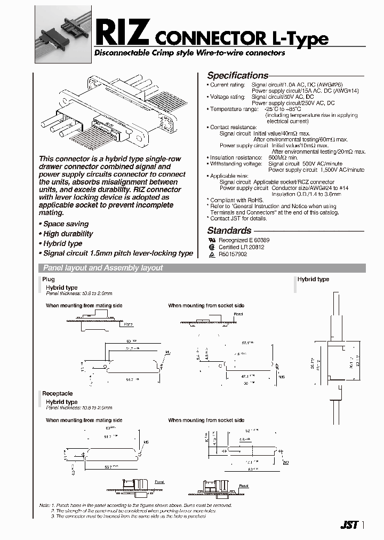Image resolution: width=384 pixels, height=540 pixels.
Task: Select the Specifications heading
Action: pos(237,76)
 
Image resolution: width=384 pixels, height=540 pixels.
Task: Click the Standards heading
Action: pos(229,231)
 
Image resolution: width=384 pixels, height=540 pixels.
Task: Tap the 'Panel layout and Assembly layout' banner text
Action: pos(103,268)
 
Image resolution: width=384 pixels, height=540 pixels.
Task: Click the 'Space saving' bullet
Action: pos(65,224)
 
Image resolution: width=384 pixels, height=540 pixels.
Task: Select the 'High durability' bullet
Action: pos(67,234)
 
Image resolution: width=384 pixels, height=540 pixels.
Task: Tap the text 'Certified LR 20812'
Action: pos(241,248)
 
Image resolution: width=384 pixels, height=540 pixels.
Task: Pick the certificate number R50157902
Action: pos(233,255)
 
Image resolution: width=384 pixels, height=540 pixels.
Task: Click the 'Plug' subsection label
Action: pos(49,280)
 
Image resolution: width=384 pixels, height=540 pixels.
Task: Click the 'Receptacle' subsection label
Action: pos(58,394)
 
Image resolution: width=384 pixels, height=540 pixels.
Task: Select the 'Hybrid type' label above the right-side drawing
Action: pos(313,280)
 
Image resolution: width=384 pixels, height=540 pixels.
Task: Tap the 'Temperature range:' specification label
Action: pos(233,109)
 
